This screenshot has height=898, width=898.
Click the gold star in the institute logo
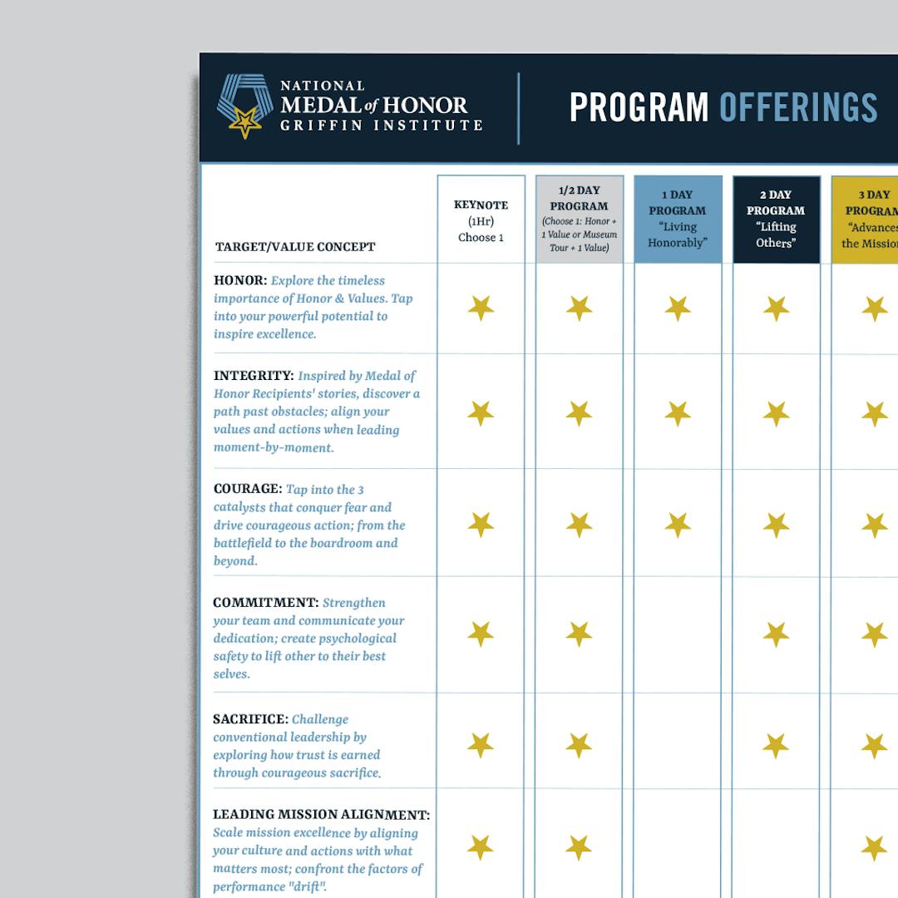245,122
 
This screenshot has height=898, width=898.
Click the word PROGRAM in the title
639,108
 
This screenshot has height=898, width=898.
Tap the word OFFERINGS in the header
798,108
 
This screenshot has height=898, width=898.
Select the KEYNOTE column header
481,220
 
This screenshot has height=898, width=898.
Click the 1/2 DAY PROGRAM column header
579,219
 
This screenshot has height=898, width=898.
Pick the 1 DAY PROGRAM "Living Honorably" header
678,219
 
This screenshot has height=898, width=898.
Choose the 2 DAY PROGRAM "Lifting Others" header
776,219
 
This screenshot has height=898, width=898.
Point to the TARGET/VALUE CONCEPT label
295,247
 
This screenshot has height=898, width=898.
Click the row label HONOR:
240,281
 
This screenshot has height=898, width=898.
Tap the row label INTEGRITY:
254,376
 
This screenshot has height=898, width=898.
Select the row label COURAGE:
248,489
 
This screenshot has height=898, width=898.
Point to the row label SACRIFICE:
250,719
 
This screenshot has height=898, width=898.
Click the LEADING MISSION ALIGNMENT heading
321,815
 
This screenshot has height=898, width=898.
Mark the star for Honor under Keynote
481,308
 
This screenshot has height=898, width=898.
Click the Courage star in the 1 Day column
678,525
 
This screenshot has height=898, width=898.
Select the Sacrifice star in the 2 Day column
776,745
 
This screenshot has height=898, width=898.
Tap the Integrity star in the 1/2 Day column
579,413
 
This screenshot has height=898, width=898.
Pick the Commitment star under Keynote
481,634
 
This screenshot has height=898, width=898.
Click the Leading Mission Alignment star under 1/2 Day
579,847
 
